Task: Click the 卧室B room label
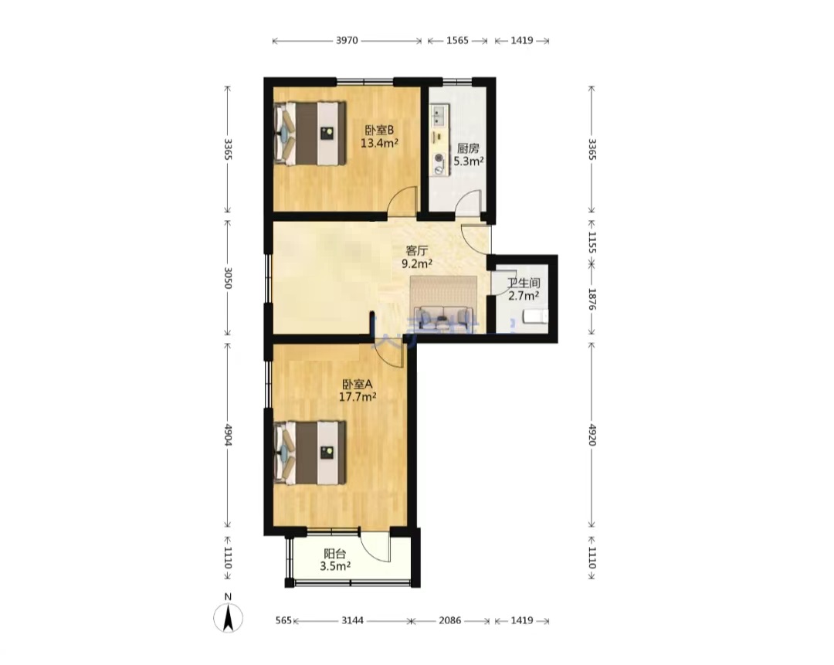click(x=378, y=130)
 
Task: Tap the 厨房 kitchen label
click(x=467, y=148)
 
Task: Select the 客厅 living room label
click(x=417, y=250)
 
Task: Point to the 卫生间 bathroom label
click(x=524, y=283)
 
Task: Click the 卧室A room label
click(x=358, y=384)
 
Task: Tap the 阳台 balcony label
click(x=334, y=554)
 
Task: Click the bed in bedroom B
click(x=309, y=134)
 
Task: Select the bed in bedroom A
click(x=309, y=453)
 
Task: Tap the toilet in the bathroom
click(x=536, y=317)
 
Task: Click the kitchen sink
click(x=439, y=115)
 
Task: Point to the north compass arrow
click(x=228, y=619)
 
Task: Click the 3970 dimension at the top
click(x=347, y=40)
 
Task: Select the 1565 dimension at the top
click(x=457, y=40)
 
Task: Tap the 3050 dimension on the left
click(x=228, y=278)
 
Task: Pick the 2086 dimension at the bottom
click(x=449, y=620)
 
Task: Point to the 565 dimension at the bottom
click(x=284, y=620)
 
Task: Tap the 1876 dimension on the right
click(x=592, y=300)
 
